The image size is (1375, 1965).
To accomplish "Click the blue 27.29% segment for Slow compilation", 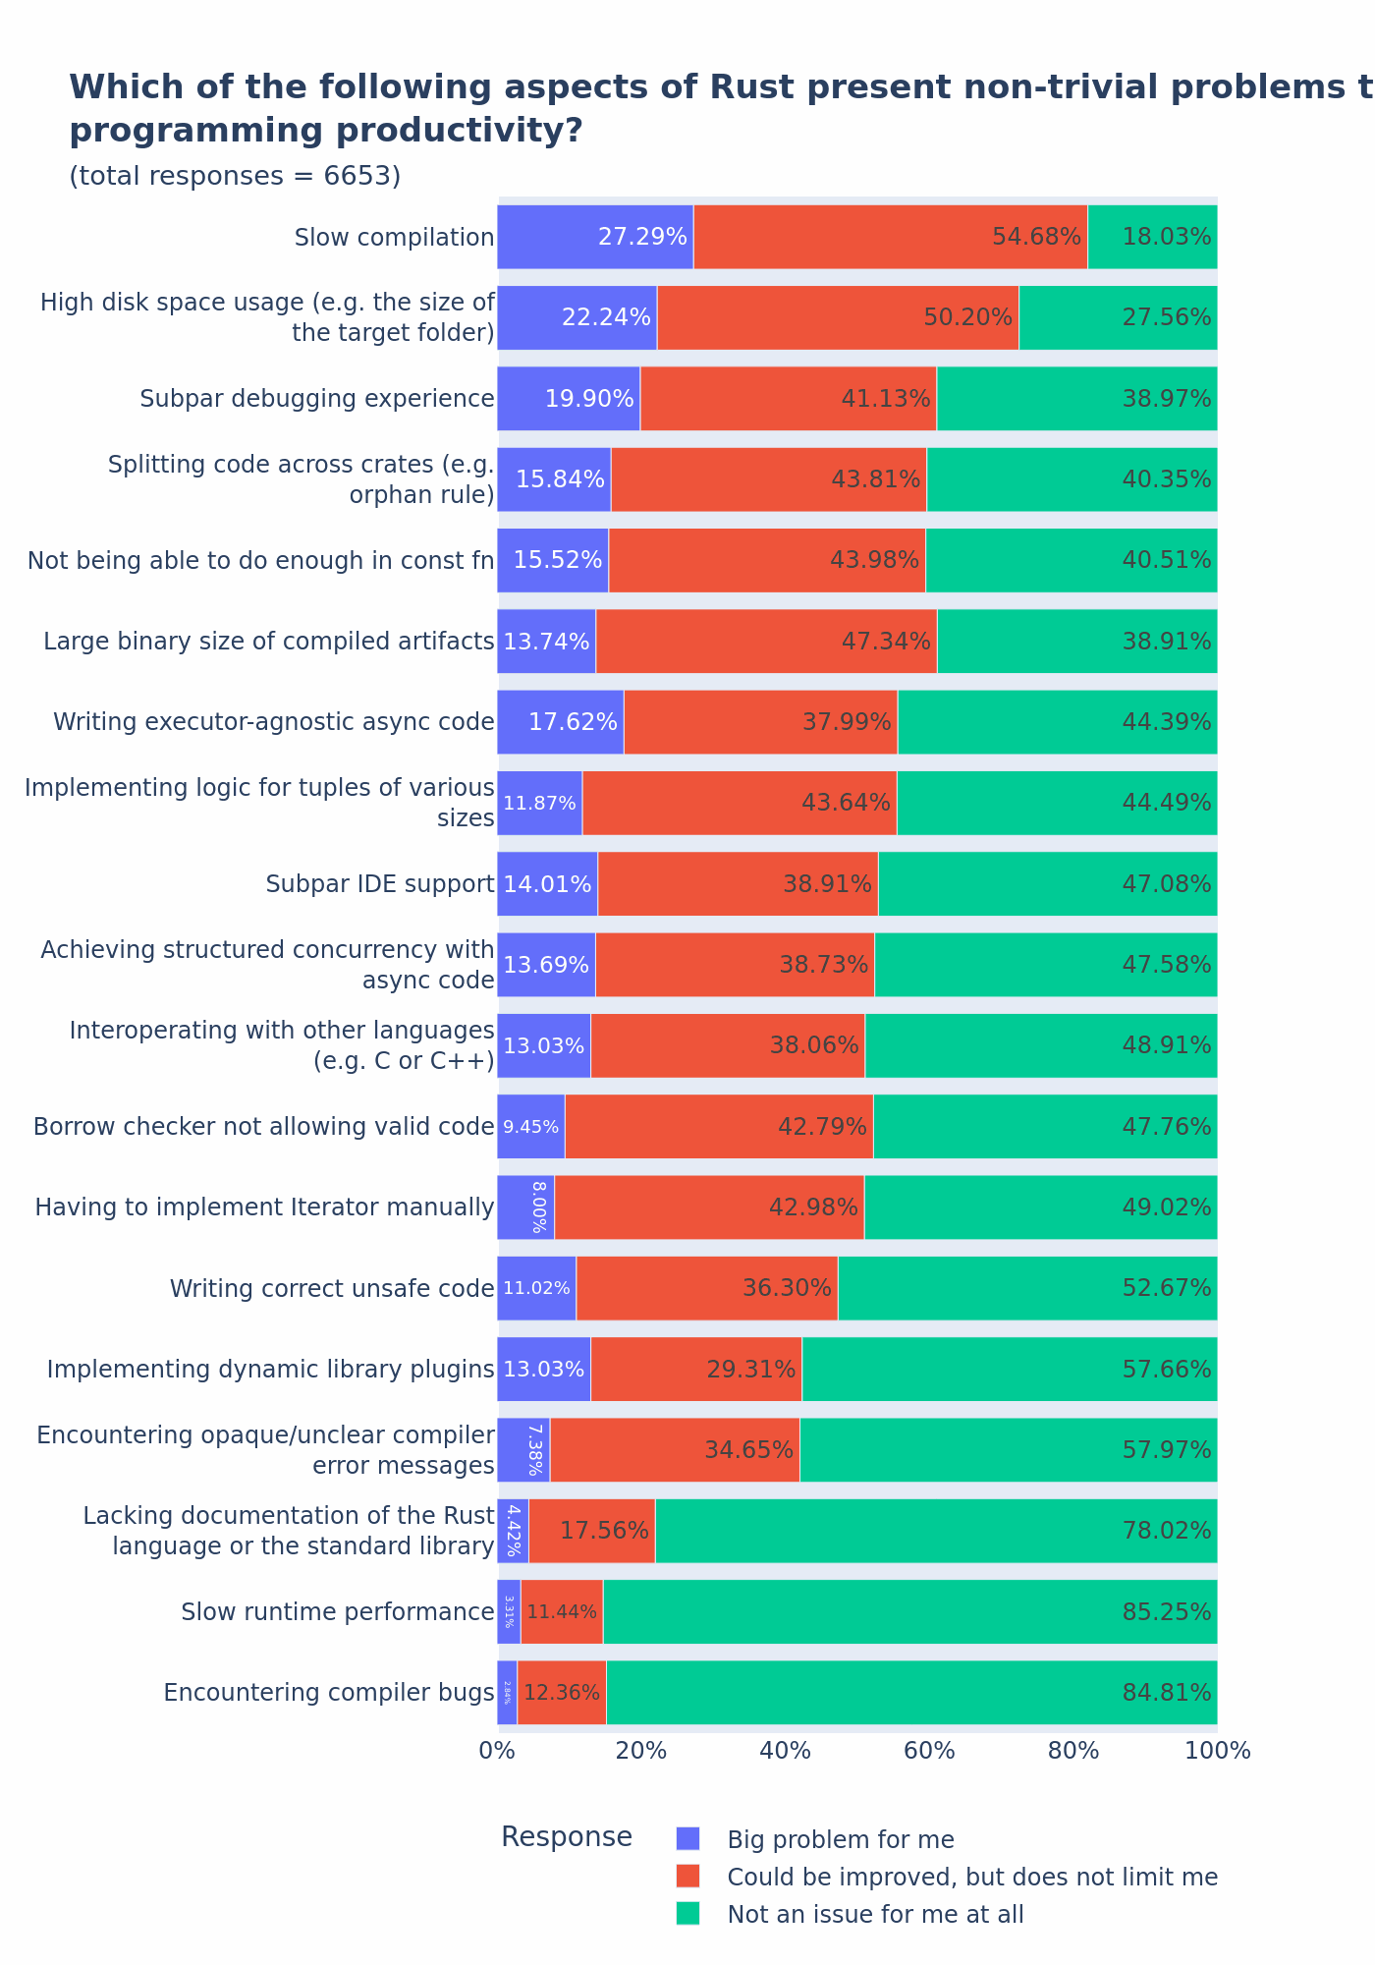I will pos(595,237).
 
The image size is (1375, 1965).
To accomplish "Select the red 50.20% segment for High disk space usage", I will pos(838,317).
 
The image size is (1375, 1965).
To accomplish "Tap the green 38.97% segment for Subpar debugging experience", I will pos(1076,399).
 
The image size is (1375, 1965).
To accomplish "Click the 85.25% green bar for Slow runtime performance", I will pos(909,1612).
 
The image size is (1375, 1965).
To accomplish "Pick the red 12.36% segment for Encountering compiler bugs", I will pos(562,1693).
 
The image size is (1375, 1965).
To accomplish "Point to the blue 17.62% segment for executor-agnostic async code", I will pos(560,722).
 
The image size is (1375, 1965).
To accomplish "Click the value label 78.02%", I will pos(1166,1531).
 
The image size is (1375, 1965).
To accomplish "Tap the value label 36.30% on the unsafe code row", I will pos(787,1288).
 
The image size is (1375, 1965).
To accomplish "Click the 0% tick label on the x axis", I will pos(497,1751).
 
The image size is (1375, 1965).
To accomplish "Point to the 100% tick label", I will pos(1218,1751).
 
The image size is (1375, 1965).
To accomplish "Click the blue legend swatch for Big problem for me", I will pos(688,1838).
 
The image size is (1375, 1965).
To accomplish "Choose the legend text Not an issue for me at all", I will pos(875,1914).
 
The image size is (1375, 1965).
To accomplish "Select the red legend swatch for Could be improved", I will pos(688,1876).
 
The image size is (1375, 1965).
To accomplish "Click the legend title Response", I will pos(567,1837).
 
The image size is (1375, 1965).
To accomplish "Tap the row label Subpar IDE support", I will pos(380,884).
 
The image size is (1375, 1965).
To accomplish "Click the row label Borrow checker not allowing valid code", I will pos(263,1127).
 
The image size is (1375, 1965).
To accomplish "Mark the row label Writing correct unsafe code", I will pos(332,1288).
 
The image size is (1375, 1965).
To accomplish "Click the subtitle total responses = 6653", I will pos(235,176).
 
